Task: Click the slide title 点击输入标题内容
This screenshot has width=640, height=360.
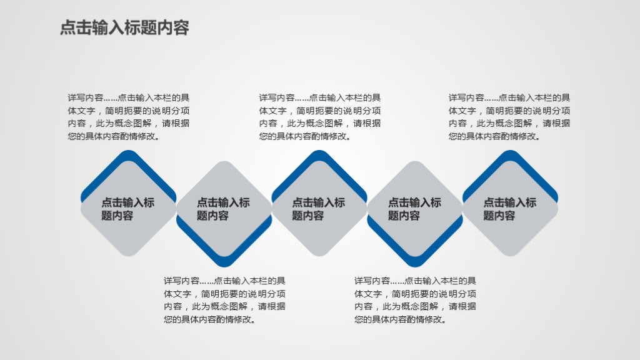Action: coord(124,28)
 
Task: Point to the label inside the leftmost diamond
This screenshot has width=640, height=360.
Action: coord(127,209)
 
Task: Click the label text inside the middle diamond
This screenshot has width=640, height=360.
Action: coord(318,209)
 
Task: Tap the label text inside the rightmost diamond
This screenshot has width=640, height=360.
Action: coord(509,209)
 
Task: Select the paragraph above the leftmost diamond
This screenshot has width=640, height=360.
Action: coord(128,117)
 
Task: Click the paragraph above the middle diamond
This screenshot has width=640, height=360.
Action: coord(319,117)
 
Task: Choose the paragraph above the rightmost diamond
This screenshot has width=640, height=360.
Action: coord(509,117)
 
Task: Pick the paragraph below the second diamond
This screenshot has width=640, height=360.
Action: coord(224,300)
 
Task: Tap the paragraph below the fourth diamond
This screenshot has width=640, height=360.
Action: coord(415,300)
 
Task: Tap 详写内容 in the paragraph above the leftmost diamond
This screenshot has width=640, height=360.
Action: coord(85,97)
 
